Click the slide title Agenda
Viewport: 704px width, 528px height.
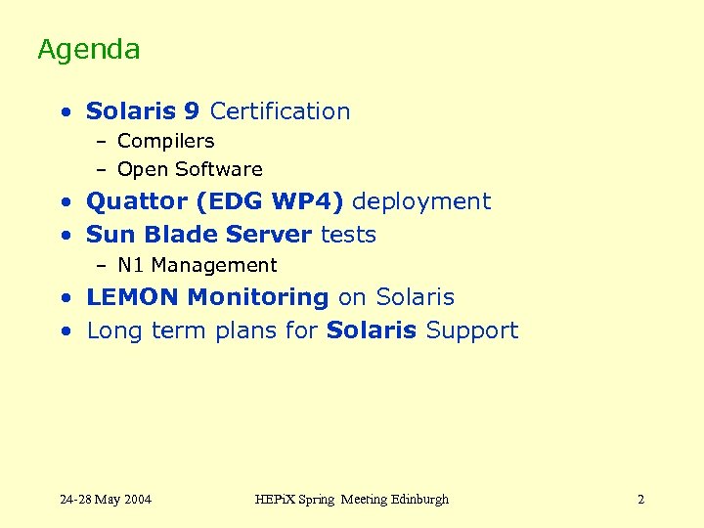[x=89, y=50]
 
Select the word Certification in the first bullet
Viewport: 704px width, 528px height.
[x=280, y=111]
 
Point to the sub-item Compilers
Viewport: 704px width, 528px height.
[x=165, y=142]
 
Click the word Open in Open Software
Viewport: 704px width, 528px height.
[x=139, y=170]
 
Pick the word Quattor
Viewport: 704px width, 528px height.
[x=137, y=202]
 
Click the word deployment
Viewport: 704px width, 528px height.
[x=420, y=202]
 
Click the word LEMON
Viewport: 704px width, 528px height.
[x=132, y=297]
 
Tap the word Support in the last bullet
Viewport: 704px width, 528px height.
[x=472, y=330]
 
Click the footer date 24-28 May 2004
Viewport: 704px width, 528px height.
[x=106, y=500]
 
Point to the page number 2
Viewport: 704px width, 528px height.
[x=640, y=500]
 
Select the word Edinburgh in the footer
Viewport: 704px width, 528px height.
[x=419, y=500]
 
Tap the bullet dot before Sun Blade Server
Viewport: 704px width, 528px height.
[x=65, y=236]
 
